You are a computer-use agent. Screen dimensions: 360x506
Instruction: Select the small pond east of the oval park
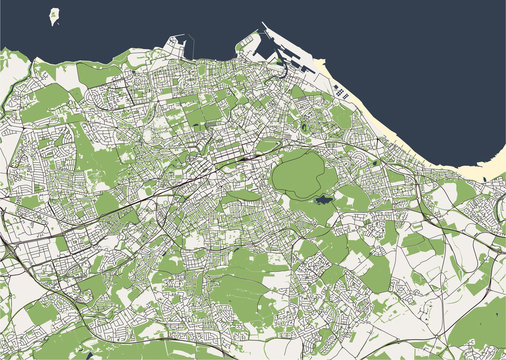pos(373,161)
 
